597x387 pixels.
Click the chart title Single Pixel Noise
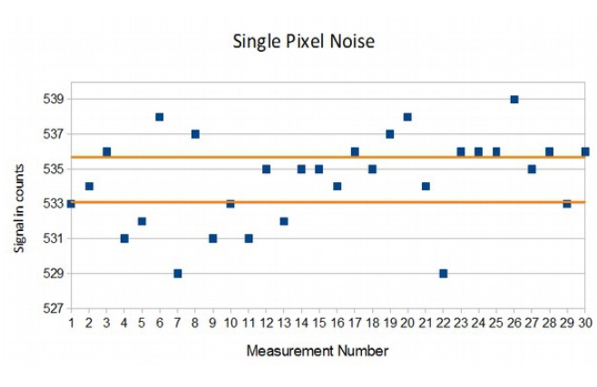coord(303,41)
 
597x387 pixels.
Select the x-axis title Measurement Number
coord(318,350)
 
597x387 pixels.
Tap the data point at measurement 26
coord(514,99)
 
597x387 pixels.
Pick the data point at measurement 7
coord(178,273)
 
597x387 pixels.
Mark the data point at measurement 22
coord(443,273)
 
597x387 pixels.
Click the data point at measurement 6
coord(160,117)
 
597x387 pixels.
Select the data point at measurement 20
coord(407,117)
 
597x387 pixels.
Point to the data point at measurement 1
coord(71,204)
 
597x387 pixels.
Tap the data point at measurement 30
coord(585,151)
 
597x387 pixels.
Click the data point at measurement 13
coord(284,221)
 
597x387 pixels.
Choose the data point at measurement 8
coord(195,134)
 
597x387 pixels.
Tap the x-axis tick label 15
coord(318,322)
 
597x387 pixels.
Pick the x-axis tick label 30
coord(584,322)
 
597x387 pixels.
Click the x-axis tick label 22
coord(443,322)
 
